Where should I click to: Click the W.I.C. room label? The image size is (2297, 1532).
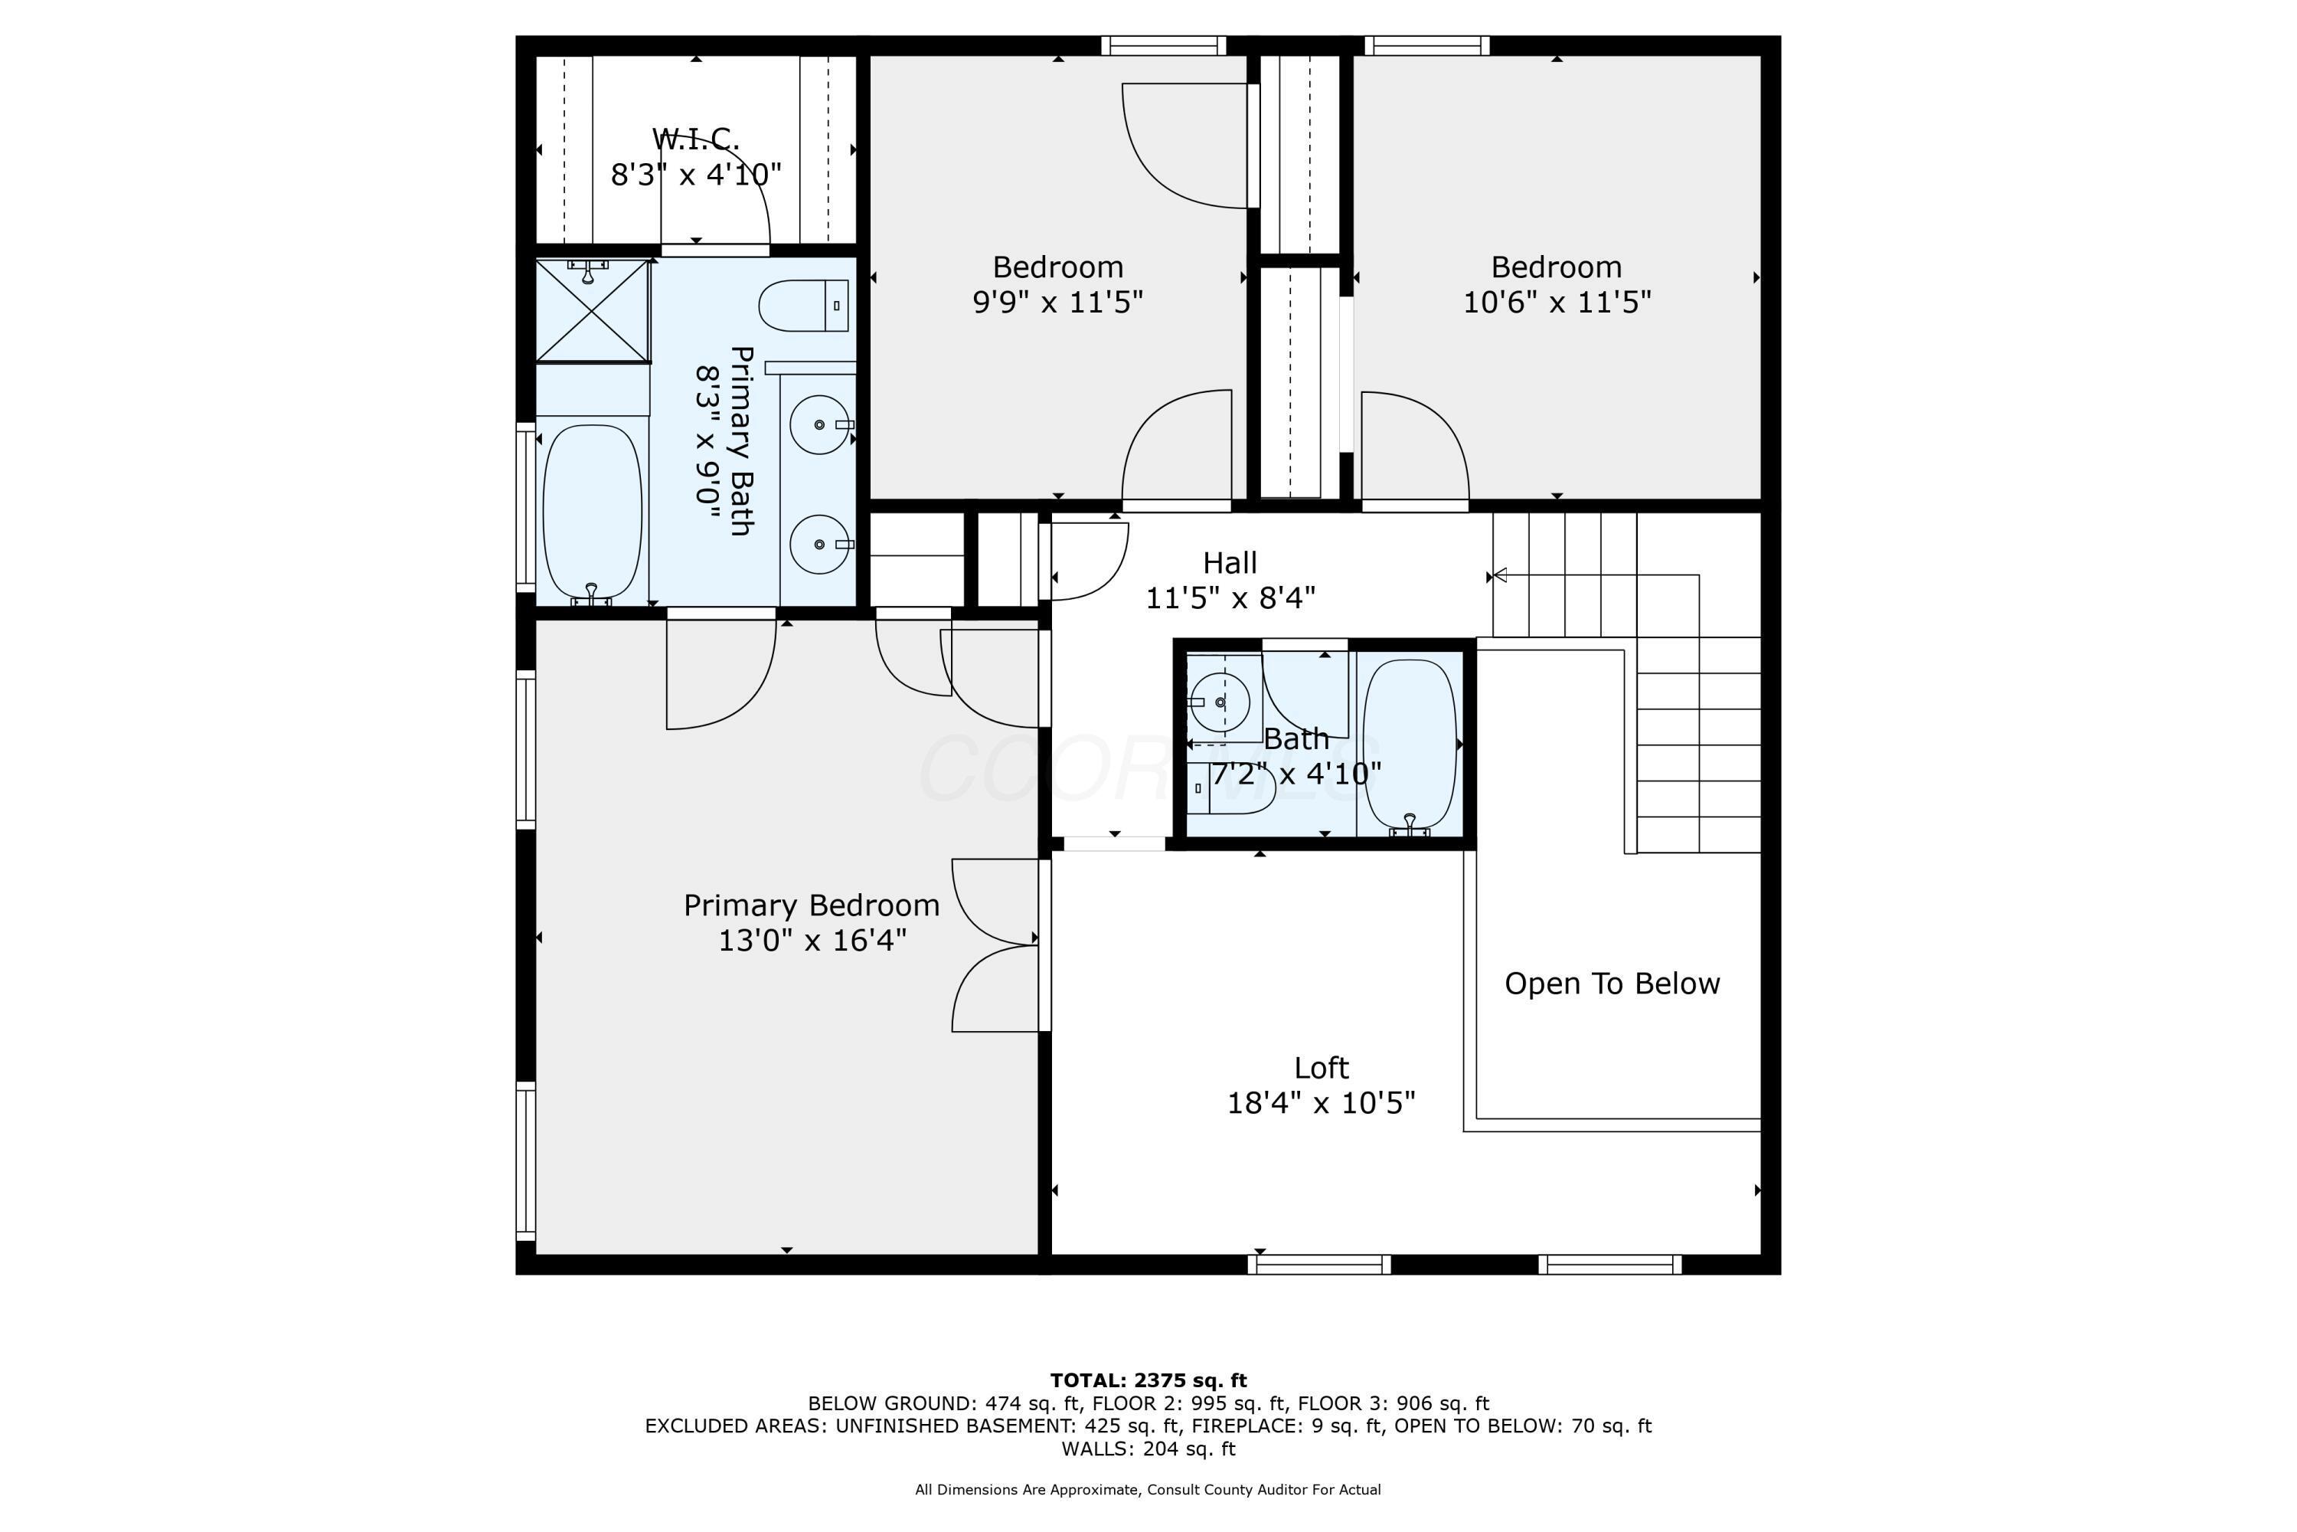click(695, 139)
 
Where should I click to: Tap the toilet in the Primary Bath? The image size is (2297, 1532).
click(802, 305)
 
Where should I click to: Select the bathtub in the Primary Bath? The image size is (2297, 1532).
click(592, 511)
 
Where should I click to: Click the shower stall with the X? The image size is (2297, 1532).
click(592, 311)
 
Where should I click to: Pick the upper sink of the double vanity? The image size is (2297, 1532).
click(818, 424)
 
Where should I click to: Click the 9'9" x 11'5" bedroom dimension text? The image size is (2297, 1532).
click(1057, 302)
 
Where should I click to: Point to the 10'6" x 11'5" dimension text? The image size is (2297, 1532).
click(1556, 302)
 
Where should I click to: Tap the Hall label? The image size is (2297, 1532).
click(1230, 563)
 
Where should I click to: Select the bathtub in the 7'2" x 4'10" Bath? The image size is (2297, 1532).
click(1410, 745)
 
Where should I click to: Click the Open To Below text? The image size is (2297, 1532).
click(1612, 984)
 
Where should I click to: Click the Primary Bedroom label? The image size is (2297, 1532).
click(811, 905)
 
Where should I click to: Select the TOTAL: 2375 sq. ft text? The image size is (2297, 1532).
click(1148, 1380)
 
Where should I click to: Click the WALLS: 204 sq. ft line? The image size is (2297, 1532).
click(1148, 1449)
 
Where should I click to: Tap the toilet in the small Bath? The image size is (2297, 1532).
click(1233, 792)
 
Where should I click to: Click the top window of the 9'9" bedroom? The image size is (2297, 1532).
click(1162, 45)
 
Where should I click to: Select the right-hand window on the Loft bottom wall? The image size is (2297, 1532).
click(1609, 1265)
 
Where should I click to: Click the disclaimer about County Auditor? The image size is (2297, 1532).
click(1148, 1490)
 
